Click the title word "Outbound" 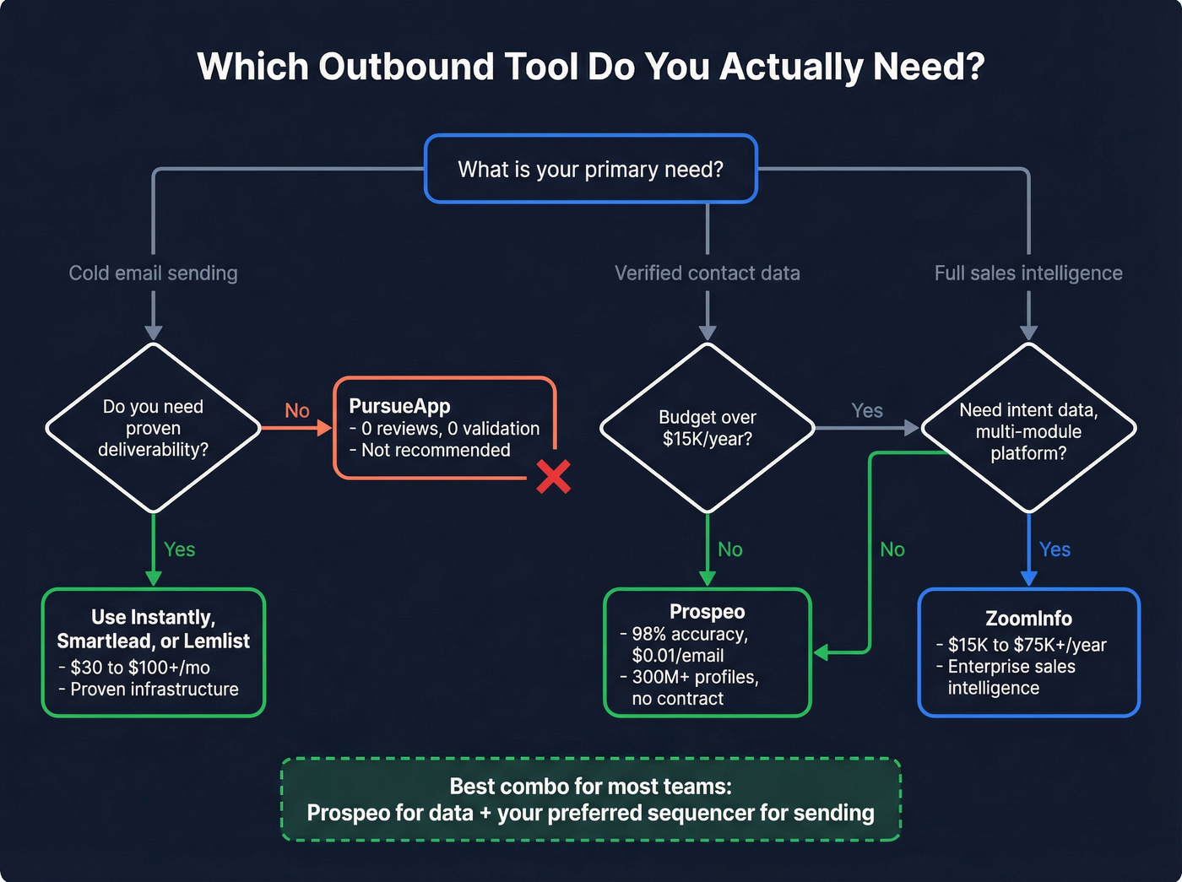[x=406, y=67]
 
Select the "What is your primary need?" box [x=590, y=169]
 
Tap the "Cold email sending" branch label [x=153, y=273]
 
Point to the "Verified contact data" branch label [x=707, y=273]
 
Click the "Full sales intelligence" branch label [x=1027, y=273]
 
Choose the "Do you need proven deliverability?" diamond [x=153, y=428]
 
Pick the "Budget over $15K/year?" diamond [x=707, y=428]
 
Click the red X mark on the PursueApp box [x=553, y=477]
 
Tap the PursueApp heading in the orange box [x=399, y=406]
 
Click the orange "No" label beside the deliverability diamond [x=297, y=411]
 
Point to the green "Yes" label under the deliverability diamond [x=179, y=549]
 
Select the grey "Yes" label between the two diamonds [x=867, y=411]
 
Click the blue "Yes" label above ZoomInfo [x=1055, y=549]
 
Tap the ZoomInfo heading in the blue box [x=1027, y=619]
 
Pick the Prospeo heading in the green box [x=707, y=612]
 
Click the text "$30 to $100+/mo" [x=139, y=668]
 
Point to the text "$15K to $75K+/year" [x=1027, y=645]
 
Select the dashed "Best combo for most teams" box [x=590, y=799]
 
